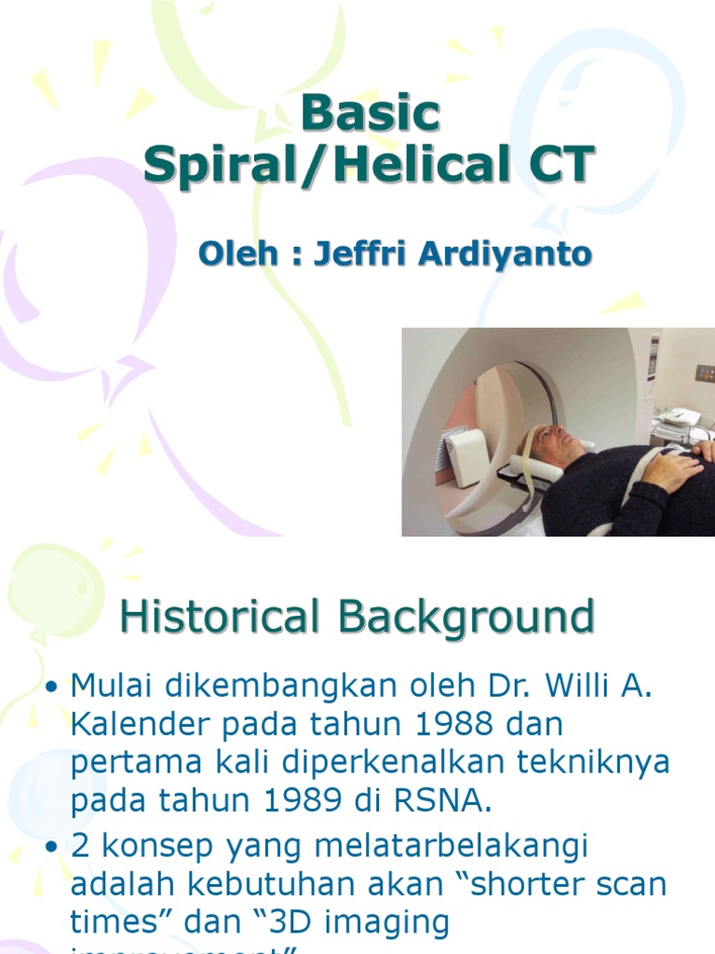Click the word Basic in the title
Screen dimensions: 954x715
pos(370,114)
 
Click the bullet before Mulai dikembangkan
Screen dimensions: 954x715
pos(52,688)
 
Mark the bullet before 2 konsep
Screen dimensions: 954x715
pos(52,848)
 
